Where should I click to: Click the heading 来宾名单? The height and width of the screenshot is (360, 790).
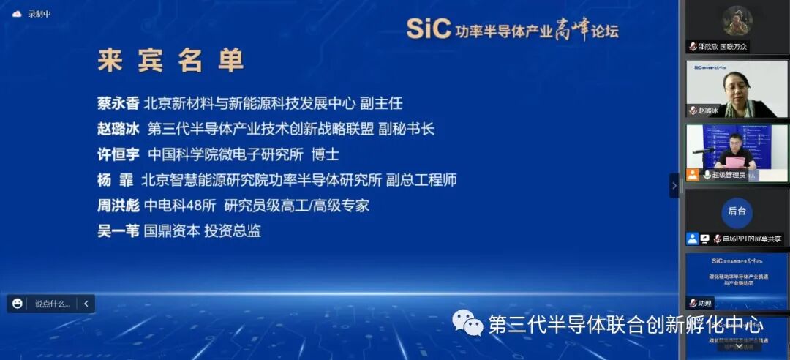170,61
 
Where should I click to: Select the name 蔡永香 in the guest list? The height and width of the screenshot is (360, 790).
118,103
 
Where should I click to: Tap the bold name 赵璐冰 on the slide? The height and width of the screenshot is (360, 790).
118,129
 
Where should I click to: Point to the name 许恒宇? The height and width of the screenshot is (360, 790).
118,154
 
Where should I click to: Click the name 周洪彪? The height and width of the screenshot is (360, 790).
118,206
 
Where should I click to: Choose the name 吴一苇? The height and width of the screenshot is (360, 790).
118,231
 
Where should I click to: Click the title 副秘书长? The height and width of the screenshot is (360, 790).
406,129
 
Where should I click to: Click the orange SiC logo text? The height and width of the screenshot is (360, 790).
427,29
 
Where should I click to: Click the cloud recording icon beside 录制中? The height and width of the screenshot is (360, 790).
17,14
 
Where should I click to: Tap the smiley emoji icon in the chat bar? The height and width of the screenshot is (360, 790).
18,304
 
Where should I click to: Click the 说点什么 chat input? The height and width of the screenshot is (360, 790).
52,304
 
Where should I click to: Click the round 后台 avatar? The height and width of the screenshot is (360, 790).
737,211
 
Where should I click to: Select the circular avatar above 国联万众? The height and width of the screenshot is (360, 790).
737,20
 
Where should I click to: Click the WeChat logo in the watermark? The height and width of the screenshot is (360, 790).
467,323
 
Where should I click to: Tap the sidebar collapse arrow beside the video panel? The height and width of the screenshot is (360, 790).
674,185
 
